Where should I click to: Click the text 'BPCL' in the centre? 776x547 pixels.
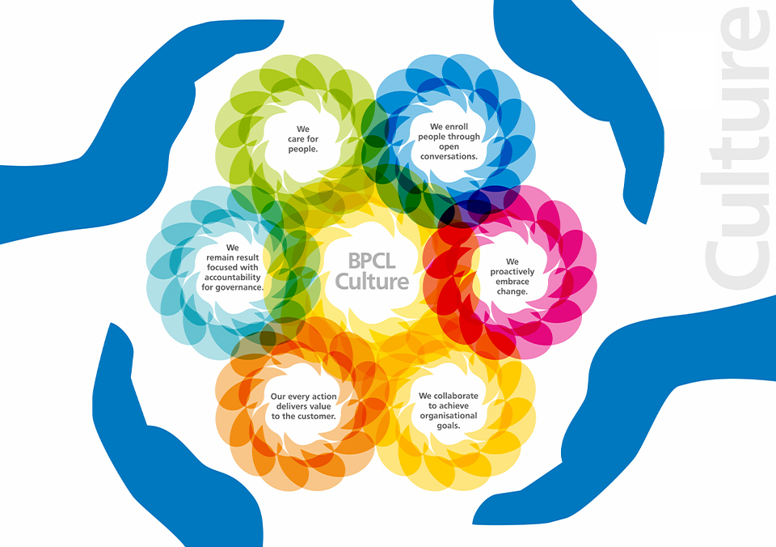click(372, 261)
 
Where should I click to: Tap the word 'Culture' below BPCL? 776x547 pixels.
click(372, 282)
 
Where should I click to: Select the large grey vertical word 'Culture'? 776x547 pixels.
click(737, 147)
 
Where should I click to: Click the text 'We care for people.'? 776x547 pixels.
click(303, 138)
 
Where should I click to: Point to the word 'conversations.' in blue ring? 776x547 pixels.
click(449, 156)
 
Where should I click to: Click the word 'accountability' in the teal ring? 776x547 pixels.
click(232, 278)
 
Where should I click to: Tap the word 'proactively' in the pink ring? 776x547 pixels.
click(512, 272)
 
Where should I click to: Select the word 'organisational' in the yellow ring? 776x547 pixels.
click(449, 416)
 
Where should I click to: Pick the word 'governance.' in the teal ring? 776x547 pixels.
click(239, 287)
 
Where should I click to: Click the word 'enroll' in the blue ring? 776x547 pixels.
click(456, 127)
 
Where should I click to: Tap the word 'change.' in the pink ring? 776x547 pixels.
click(512, 292)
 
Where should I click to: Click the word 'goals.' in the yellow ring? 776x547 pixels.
click(449, 426)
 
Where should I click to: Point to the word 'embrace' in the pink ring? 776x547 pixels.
click(512, 282)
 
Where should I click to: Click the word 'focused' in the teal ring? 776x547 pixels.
click(221, 268)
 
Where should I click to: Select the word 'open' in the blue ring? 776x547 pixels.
click(449, 147)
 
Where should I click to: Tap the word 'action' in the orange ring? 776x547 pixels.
click(324, 396)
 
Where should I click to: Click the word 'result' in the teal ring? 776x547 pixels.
click(247, 257)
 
